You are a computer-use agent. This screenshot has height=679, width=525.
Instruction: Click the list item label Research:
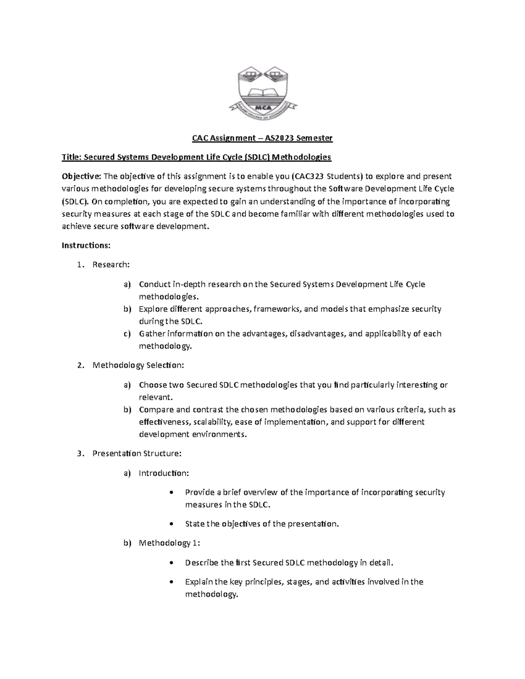(x=111, y=265)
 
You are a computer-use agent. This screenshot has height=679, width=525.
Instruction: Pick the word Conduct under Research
(x=154, y=284)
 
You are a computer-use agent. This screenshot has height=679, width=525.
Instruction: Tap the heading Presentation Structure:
(x=136, y=453)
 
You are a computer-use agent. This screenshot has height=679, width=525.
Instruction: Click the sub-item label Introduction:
(x=164, y=473)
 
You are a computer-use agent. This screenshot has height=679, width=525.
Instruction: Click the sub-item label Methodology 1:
(x=169, y=543)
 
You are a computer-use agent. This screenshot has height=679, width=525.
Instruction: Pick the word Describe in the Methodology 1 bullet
(x=202, y=563)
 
